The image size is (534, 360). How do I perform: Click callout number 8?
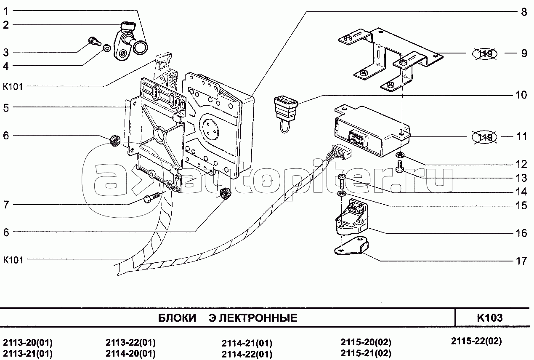523,12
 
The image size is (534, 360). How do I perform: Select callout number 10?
521,95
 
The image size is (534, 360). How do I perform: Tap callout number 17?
521,261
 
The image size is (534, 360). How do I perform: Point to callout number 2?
6,25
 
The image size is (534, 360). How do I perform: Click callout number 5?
6,107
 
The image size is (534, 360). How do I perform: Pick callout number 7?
6,205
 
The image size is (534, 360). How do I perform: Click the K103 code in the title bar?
490,318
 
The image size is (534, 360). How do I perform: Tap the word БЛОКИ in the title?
177,318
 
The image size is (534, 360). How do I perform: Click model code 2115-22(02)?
476,341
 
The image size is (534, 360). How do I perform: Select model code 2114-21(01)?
247,343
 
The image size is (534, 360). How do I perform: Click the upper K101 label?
13,87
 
